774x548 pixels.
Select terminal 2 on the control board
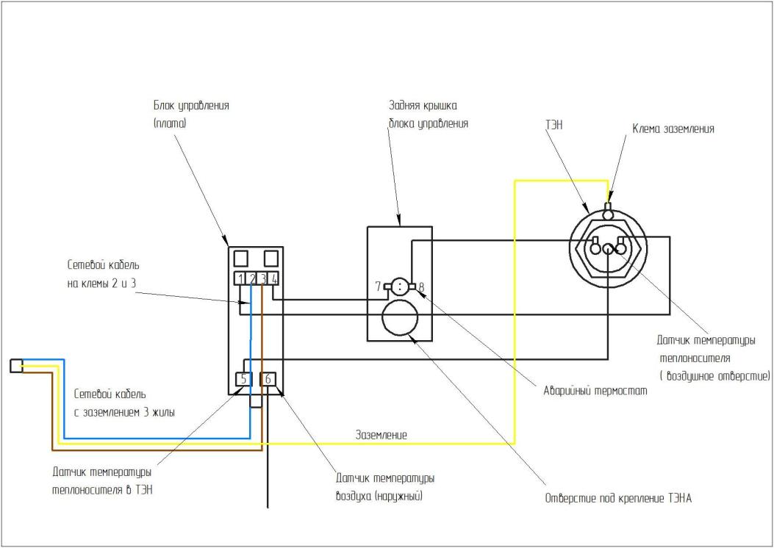(251, 279)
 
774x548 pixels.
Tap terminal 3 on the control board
(262, 279)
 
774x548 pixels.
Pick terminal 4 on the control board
(273, 279)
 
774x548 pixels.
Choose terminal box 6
(268, 380)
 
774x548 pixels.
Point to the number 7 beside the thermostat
(377, 285)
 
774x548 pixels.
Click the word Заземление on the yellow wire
(381, 435)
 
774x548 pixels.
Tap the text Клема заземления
(673, 129)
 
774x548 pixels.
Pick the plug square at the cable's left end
(15, 365)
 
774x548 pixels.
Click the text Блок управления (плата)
(186, 115)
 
